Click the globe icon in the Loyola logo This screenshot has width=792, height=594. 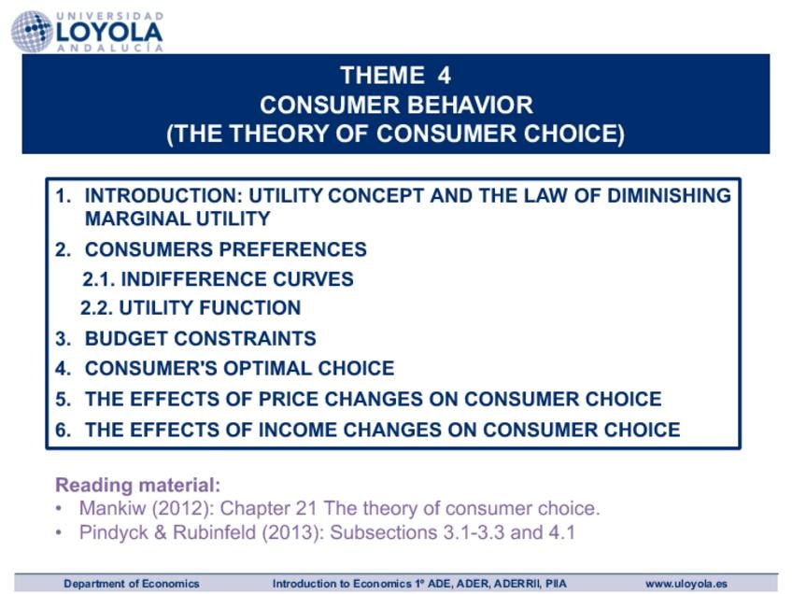(32, 32)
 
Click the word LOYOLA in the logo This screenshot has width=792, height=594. (109, 33)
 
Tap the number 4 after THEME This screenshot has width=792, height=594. (444, 76)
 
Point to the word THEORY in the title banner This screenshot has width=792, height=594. (279, 134)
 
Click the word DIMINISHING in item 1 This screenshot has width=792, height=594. (669, 195)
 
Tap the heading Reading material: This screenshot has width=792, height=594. (138, 485)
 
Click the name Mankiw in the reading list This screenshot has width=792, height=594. (112, 508)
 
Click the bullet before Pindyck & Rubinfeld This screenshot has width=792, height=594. (59, 532)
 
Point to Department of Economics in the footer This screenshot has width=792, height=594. (132, 584)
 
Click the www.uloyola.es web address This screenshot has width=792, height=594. (686, 584)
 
